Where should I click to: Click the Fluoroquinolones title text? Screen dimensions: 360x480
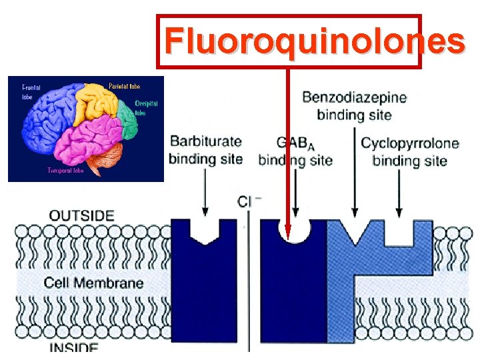point(315,41)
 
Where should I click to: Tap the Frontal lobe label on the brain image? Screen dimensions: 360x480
point(32,91)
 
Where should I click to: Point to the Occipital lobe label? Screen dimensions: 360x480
point(146,108)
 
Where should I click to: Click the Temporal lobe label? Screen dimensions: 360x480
point(65,171)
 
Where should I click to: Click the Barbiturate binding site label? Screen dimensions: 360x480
point(205,150)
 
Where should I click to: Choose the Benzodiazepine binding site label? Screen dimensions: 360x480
point(354,106)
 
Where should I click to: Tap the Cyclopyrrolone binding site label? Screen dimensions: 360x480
point(409,151)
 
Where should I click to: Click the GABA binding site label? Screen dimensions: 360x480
point(295,151)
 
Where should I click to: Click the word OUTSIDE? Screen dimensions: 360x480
point(81,215)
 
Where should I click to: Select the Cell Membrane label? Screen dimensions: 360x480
point(93,283)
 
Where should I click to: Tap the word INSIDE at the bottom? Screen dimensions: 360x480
point(73,347)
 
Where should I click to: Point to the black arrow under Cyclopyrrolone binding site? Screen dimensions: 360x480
point(399,193)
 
